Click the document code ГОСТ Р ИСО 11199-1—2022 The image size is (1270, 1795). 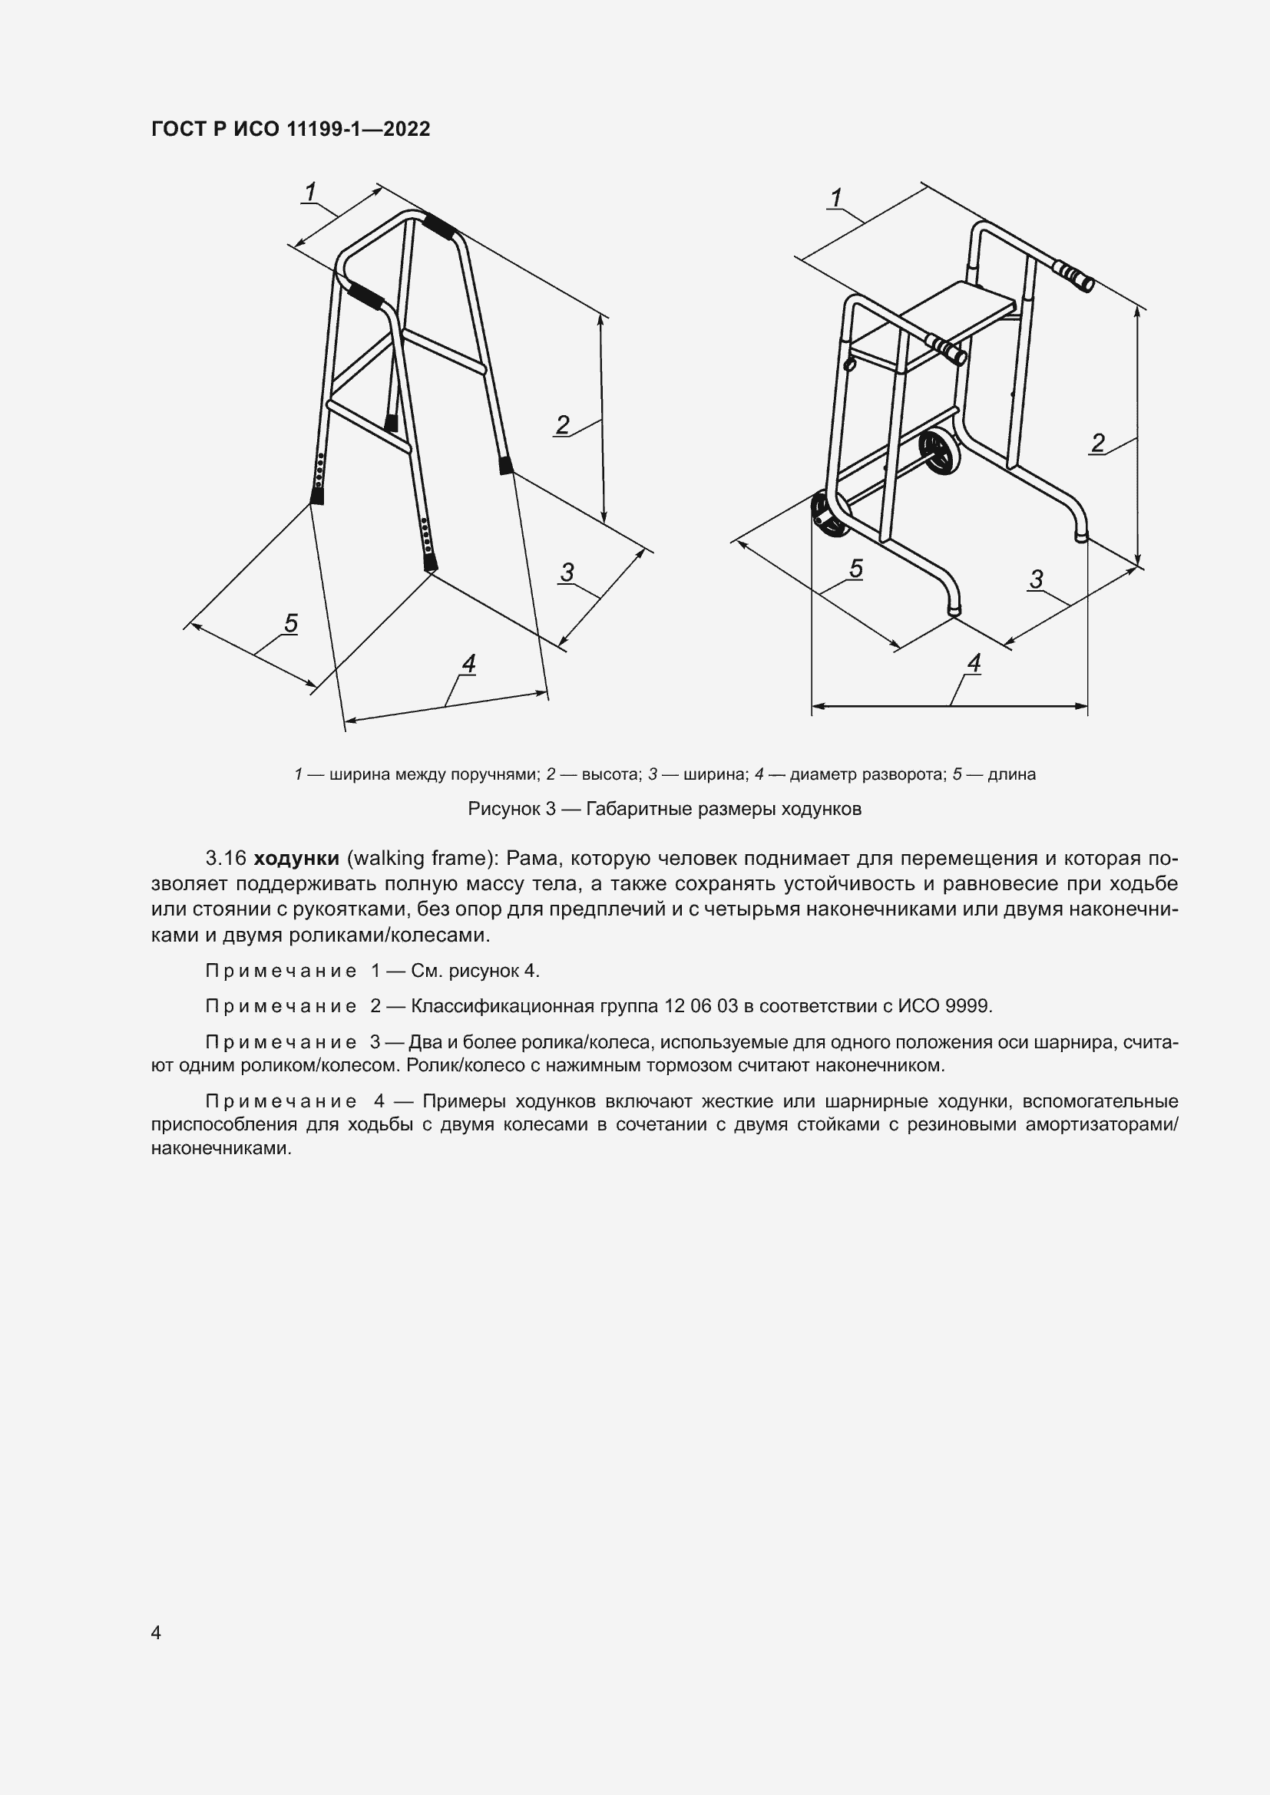pos(290,129)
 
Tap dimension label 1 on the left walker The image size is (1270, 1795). pos(310,191)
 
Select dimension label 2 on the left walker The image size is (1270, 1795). pos(562,424)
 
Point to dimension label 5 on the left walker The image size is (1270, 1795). pos(291,623)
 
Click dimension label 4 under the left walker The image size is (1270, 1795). pos(468,664)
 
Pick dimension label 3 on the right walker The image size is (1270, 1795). pos(1036,579)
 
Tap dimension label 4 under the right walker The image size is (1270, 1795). pos(974,663)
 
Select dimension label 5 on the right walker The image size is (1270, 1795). pos(856,569)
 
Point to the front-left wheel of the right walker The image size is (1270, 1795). pos(828,515)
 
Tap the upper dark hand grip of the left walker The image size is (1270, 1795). pos(438,227)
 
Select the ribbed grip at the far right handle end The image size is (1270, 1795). pos(1076,276)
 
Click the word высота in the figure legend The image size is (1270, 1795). pos(610,774)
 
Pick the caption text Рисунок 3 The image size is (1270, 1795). pos(511,808)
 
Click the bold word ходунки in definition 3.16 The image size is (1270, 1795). pos(296,858)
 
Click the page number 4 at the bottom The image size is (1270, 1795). pos(156,1632)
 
